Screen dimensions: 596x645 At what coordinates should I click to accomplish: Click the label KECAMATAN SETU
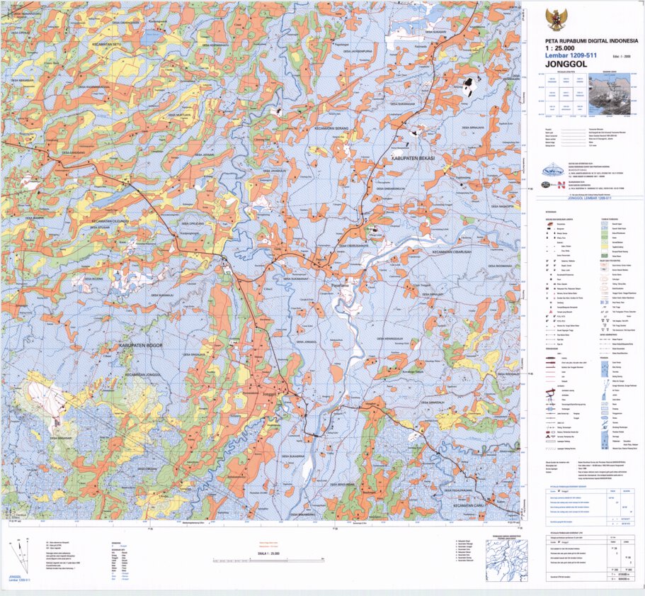tap(108, 44)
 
